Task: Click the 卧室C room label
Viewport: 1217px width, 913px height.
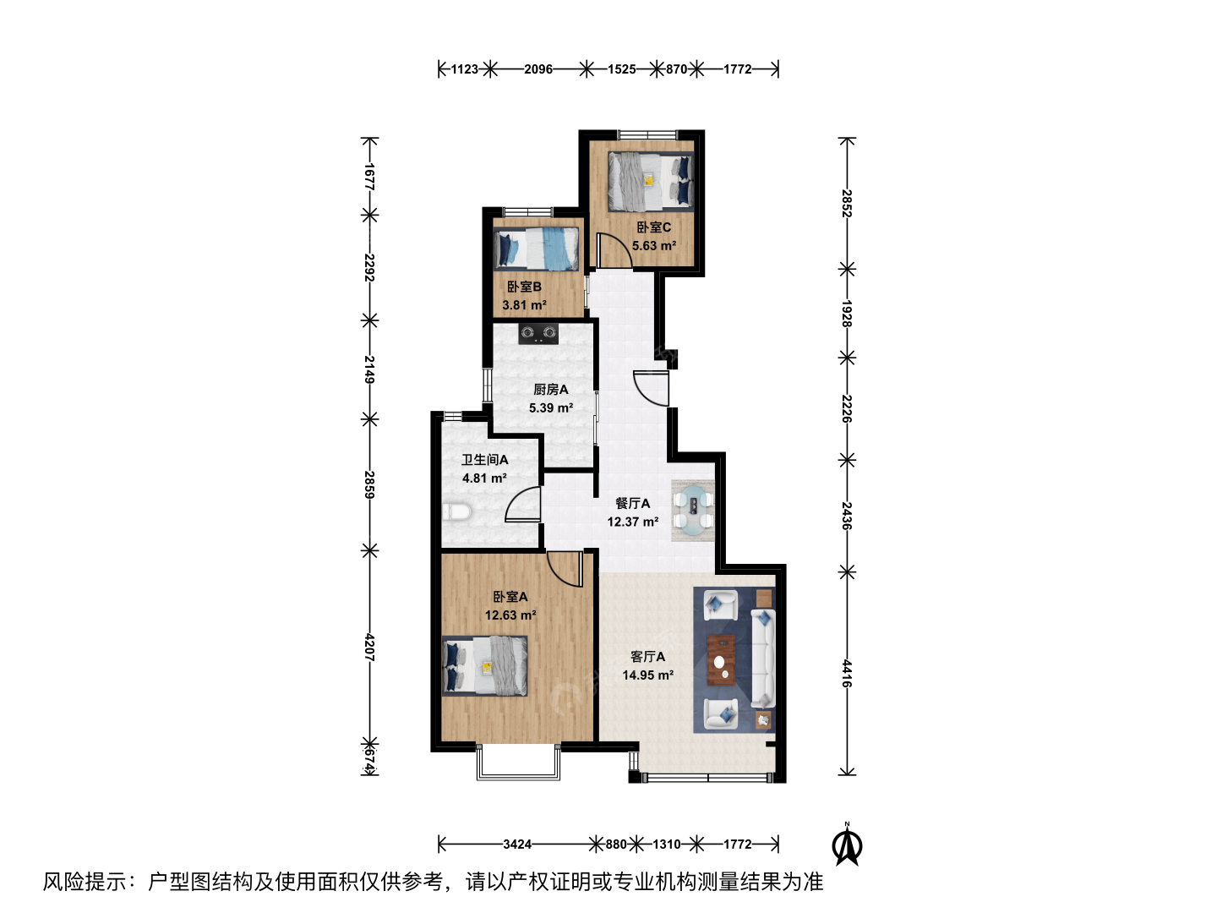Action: pyautogui.click(x=653, y=227)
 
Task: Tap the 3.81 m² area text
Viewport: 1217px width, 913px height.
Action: pyautogui.click(x=525, y=305)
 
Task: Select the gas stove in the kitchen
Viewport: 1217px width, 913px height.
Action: pyautogui.click(x=538, y=334)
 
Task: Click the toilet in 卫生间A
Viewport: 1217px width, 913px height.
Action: pyautogui.click(x=457, y=511)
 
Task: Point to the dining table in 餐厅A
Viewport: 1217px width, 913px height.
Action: pyautogui.click(x=692, y=510)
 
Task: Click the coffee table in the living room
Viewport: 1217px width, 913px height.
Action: pyautogui.click(x=721, y=660)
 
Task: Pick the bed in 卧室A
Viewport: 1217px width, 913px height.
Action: pyautogui.click(x=484, y=665)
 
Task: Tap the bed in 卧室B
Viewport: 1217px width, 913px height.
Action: pyautogui.click(x=536, y=249)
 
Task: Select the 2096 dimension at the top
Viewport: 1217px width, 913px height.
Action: pyautogui.click(x=538, y=69)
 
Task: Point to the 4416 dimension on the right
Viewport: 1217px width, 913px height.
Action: pyautogui.click(x=847, y=673)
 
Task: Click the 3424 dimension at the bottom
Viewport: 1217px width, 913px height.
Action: pyautogui.click(x=517, y=845)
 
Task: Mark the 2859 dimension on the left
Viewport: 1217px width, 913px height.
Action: pyautogui.click(x=370, y=484)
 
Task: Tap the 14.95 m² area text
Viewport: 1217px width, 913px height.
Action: pyautogui.click(x=648, y=675)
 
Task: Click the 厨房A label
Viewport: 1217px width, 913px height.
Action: pyautogui.click(x=550, y=389)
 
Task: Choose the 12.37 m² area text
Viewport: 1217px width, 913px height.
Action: pyautogui.click(x=633, y=522)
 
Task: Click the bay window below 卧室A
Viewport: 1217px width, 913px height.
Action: pyautogui.click(x=518, y=764)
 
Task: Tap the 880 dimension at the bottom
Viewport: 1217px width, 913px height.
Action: pyautogui.click(x=616, y=845)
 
